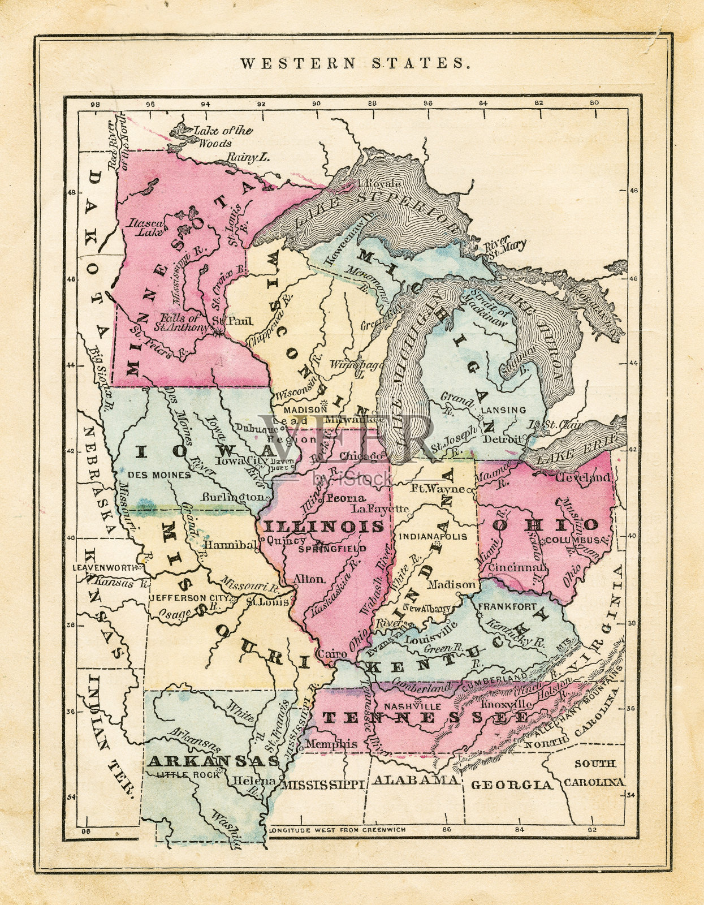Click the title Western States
pos(355,63)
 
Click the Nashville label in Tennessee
pos(412,706)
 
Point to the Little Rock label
pos(187,775)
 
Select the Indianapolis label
pos(433,536)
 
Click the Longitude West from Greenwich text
pos(338,830)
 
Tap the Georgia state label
pos(511,785)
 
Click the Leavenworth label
pos(105,567)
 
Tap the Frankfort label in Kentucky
pos(499,606)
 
